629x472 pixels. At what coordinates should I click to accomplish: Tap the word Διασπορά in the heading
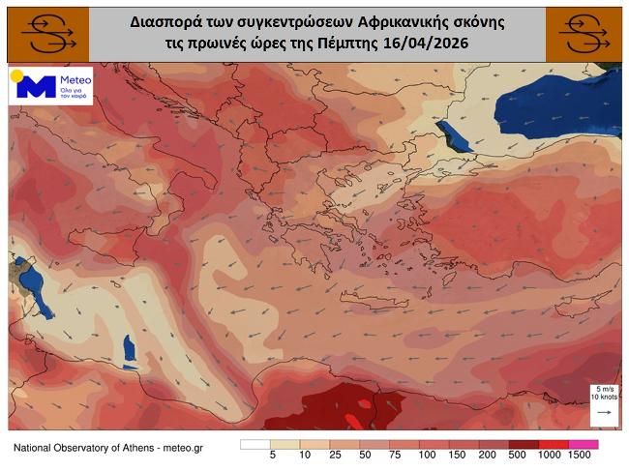pos(162,19)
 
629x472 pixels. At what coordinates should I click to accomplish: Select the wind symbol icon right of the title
pos(585,35)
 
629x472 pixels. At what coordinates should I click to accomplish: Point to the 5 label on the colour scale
pos(273,456)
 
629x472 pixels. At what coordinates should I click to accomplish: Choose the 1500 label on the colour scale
pos(580,456)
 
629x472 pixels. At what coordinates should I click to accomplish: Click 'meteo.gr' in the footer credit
pos(183,448)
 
